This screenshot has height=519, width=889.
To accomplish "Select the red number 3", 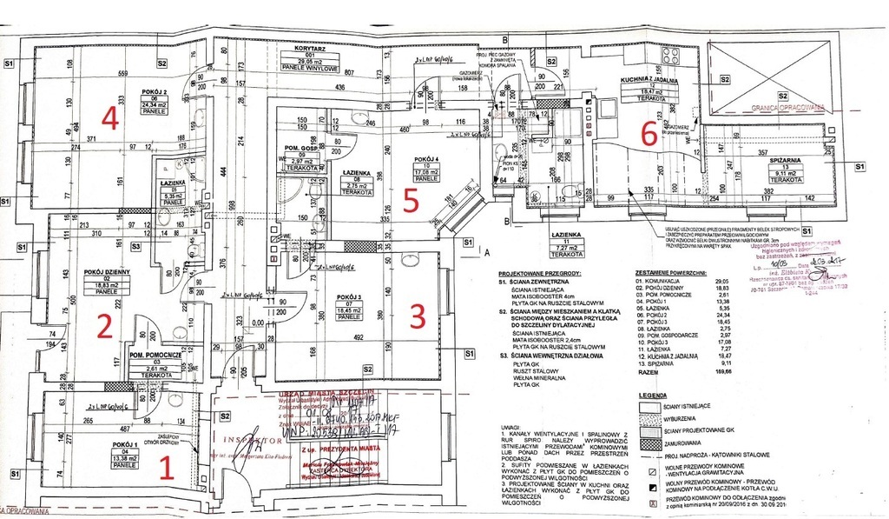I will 417,317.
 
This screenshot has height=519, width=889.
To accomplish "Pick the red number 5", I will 412,199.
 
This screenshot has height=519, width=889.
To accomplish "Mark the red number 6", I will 648,133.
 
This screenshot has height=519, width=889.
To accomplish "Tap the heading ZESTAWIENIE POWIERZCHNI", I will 669,272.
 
